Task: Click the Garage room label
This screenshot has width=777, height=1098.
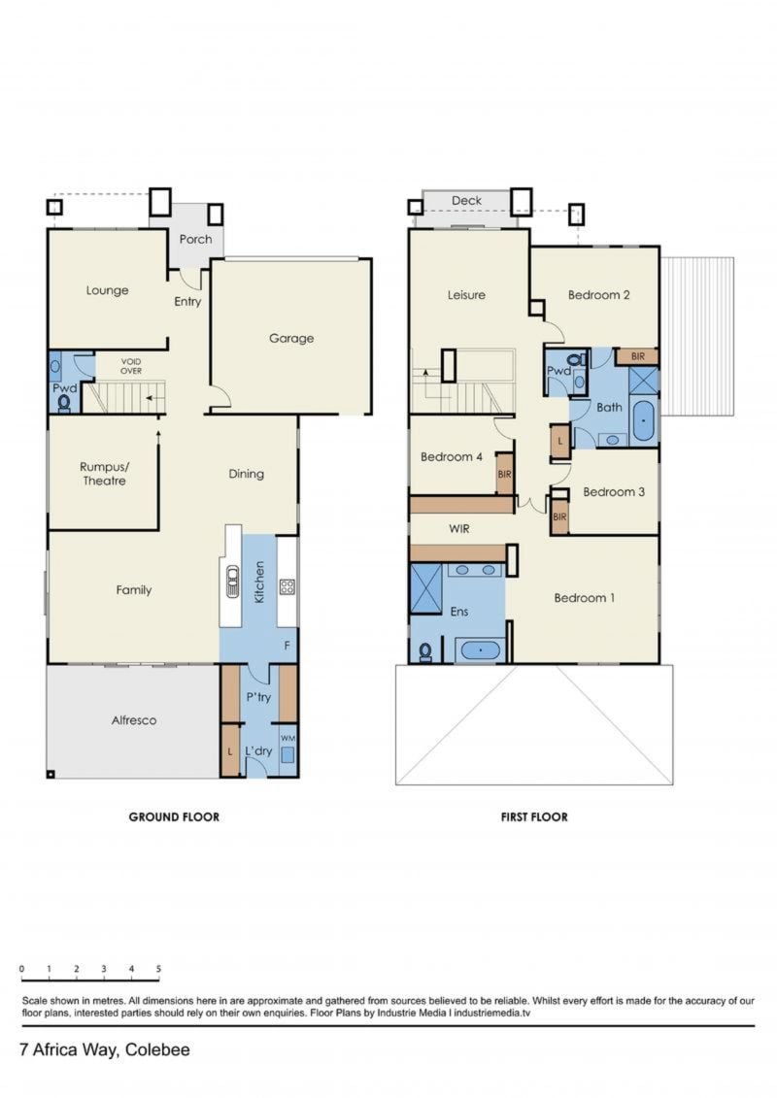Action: point(290,338)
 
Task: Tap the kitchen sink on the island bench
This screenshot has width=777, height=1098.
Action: point(232,581)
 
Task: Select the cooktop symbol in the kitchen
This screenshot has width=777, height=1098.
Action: point(287,586)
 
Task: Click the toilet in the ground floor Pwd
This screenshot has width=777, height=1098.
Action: point(64,403)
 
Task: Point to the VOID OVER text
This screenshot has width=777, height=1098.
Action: point(131,366)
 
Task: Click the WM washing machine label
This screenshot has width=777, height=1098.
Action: point(287,738)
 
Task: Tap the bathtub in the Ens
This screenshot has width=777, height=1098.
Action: point(480,650)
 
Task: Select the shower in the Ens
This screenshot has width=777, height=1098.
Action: point(425,587)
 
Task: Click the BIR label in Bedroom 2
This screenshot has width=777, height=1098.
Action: point(637,356)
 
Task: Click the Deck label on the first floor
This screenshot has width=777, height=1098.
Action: point(466,200)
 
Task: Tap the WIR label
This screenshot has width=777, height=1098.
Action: point(458,529)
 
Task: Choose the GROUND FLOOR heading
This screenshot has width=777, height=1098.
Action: point(174,816)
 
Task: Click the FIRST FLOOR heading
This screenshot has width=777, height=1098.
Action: point(534,816)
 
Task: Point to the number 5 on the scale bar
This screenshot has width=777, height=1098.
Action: point(158,969)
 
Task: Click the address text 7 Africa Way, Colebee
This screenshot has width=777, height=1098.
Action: point(105,1049)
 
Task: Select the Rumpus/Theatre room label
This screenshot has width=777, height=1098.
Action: point(104,474)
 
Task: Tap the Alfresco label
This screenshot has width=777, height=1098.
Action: point(134,719)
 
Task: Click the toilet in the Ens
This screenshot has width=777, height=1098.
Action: point(424,652)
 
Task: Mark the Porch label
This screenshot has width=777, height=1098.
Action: point(195,239)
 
